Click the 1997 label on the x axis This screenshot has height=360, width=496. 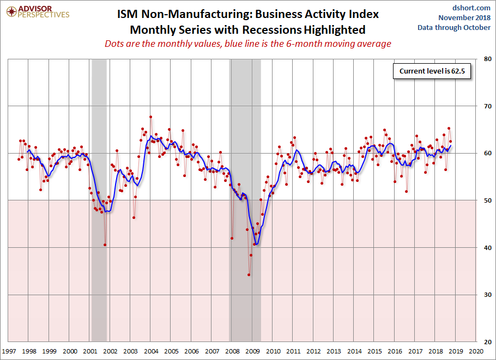(x=9, y=352)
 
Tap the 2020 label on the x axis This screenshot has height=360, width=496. (x=475, y=352)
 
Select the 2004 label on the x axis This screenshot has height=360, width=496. (x=151, y=352)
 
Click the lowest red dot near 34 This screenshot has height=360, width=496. (x=249, y=274)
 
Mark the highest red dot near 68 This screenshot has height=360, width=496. (x=150, y=117)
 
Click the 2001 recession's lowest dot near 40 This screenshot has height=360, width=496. (x=105, y=245)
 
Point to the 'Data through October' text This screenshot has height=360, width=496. (x=454, y=27)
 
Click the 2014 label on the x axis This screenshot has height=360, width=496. (x=354, y=352)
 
